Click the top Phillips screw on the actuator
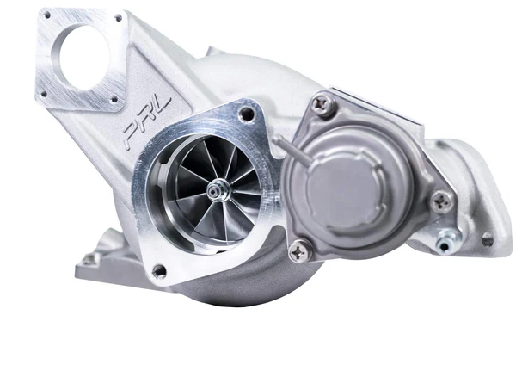coord(324,104)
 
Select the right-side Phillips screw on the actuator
coord(442,201)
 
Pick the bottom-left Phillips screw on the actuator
coord(299,250)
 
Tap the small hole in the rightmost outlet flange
coord(488,240)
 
